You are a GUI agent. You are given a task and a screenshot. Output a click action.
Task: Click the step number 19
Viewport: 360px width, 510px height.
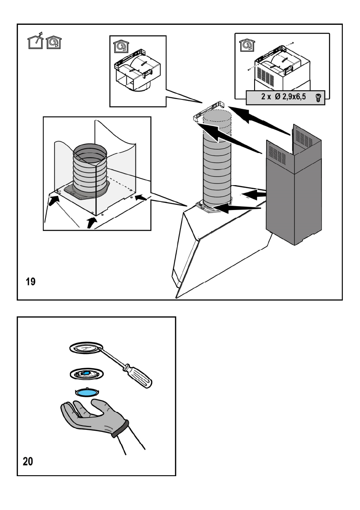pyautogui.click(x=30, y=281)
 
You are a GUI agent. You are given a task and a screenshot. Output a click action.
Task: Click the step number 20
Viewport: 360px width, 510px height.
pyautogui.click(x=28, y=461)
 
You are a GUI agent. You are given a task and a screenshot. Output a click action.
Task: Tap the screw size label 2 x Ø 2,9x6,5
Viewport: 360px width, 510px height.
pyautogui.click(x=284, y=96)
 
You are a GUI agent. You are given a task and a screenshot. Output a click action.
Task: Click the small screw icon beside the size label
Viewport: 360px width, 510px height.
pyautogui.click(x=318, y=97)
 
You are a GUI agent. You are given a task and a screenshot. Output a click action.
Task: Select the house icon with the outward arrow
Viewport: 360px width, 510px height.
pyautogui.click(x=36, y=41)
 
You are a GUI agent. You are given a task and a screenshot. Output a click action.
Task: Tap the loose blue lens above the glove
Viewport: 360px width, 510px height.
pyautogui.click(x=87, y=392)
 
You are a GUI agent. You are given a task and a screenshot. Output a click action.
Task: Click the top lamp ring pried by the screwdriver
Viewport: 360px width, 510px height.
pyautogui.click(x=86, y=348)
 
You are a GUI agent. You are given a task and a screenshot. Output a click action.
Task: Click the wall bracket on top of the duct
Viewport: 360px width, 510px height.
pyautogui.click(x=209, y=111)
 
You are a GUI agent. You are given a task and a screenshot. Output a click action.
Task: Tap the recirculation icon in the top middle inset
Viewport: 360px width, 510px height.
pyautogui.click(x=121, y=46)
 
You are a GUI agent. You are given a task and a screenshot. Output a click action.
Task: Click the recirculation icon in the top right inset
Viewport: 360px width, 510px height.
pyautogui.click(x=247, y=45)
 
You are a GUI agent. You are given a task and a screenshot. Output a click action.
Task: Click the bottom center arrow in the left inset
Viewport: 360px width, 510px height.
pyautogui.click(x=92, y=223)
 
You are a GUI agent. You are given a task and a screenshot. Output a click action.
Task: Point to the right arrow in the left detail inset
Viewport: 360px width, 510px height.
pyautogui.click(x=141, y=197)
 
